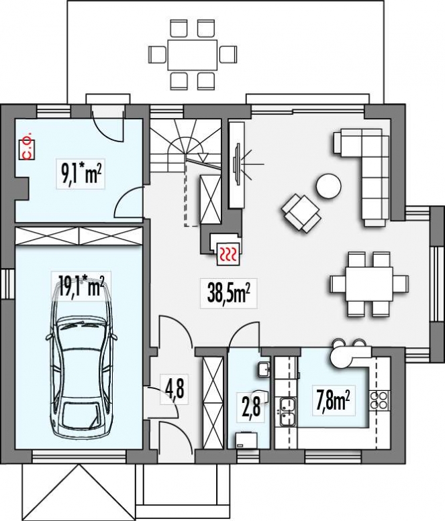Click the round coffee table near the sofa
[x=329, y=186]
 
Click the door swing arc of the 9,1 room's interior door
[x=129, y=202]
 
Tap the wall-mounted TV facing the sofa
[x=237, y=162]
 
